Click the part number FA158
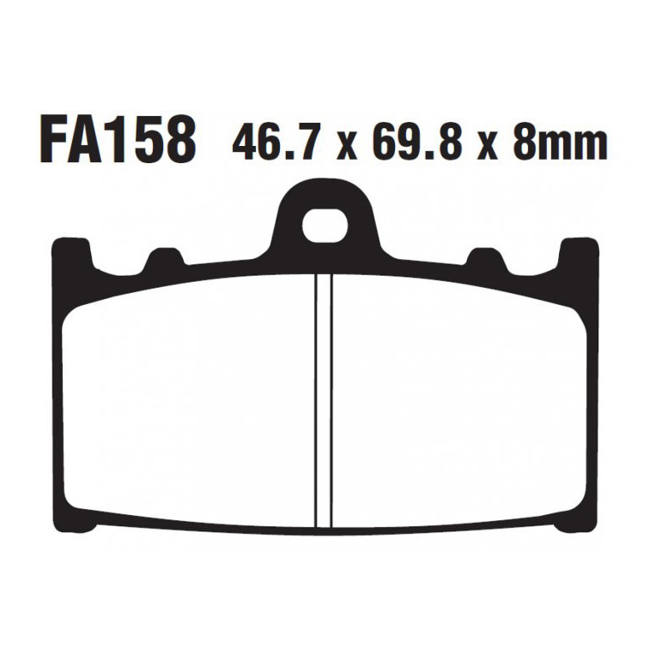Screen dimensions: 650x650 (x=118, y=140)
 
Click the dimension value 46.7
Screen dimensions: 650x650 (x=276, y=141)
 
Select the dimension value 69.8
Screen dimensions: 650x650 (x=417, y=141)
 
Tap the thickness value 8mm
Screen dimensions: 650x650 (x=560, y=141)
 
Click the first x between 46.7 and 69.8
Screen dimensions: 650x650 (x=347, y=146)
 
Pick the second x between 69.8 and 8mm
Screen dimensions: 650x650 (x=488, y=146)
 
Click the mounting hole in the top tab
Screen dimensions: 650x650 (x=325, y=226)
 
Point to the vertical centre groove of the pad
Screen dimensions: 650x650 (x=324, y=401)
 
